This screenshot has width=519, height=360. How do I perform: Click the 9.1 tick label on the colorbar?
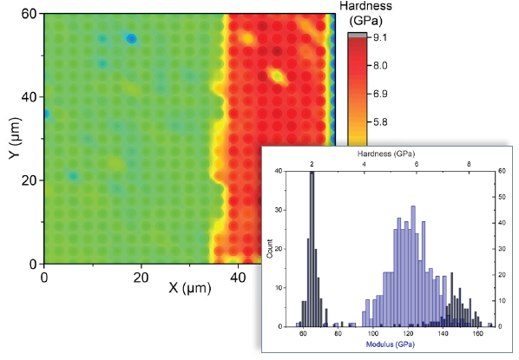(380, 38)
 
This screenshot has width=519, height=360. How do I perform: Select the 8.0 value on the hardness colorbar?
(380, 66)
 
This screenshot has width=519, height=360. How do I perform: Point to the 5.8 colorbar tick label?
(380, 123)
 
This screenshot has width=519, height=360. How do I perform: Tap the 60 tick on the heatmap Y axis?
(30, 14)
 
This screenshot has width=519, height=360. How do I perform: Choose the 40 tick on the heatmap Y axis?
(30, 97)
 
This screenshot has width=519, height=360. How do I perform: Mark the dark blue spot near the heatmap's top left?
(132, 39)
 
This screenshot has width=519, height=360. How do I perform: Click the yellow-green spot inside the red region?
(278, 76)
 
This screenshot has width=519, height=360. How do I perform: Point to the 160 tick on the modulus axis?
(478, 335)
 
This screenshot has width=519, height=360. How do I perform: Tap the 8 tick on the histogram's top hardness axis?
(470, 162)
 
